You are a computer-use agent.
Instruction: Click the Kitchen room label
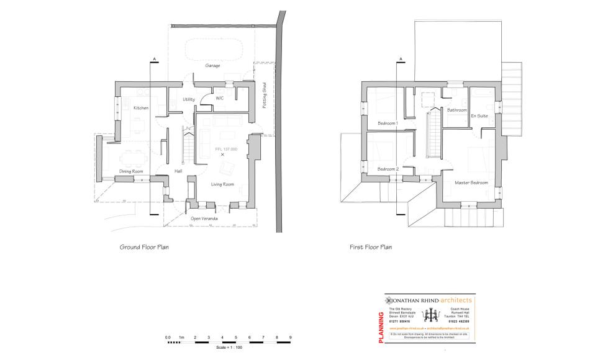point(141,108)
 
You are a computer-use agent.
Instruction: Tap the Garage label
point(213,65)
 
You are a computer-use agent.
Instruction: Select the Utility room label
point(189,99)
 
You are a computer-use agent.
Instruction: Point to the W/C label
point(220,98)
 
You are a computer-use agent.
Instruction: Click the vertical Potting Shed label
point(264,96)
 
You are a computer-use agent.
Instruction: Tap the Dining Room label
point(131,171)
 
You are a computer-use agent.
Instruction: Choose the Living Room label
point(222,184)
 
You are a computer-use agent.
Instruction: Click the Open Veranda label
point(206,218)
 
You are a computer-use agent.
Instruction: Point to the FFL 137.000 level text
point(227,150)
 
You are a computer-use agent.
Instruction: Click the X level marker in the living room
point(222,155)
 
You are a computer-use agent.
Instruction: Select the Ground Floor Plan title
point(144,247)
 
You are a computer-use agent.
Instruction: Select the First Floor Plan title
point(371,247)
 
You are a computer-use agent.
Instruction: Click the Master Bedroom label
point(471,182)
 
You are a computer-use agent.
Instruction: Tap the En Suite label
point(479,116)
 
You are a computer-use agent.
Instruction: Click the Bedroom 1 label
point(388,123)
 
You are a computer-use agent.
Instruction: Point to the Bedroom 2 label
point(388,169)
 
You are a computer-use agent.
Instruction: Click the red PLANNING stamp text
point(381,323)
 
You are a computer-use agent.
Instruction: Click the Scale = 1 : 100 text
point(229,347)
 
